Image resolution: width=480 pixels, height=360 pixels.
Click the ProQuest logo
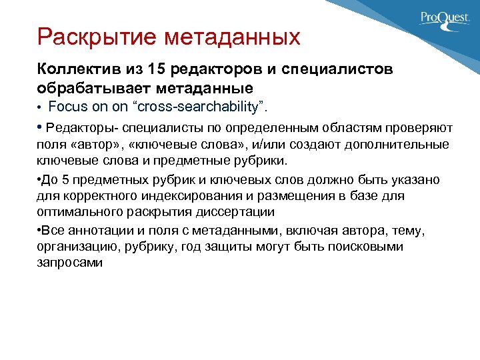point(444,19)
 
